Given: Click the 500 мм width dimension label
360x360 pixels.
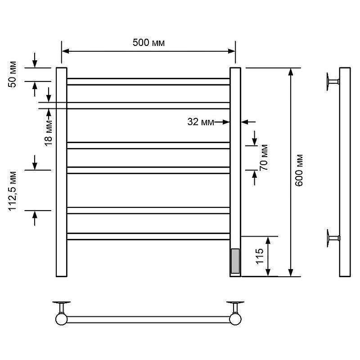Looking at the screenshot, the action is [148, 43].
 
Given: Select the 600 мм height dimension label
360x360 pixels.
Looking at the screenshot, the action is [299, 171].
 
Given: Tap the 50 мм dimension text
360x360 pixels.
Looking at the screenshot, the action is [13, 74].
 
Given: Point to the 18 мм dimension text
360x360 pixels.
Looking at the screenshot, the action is [49, 133].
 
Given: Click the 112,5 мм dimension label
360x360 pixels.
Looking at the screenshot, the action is [13, 191].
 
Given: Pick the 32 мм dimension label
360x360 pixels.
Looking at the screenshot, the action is [201, 122].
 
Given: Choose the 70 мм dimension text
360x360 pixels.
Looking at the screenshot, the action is [264, 158].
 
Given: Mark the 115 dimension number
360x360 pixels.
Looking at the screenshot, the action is [260, 256].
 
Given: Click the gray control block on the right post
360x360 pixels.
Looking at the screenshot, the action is [235, 261].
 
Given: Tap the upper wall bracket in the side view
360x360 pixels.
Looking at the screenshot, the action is [333, 82].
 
